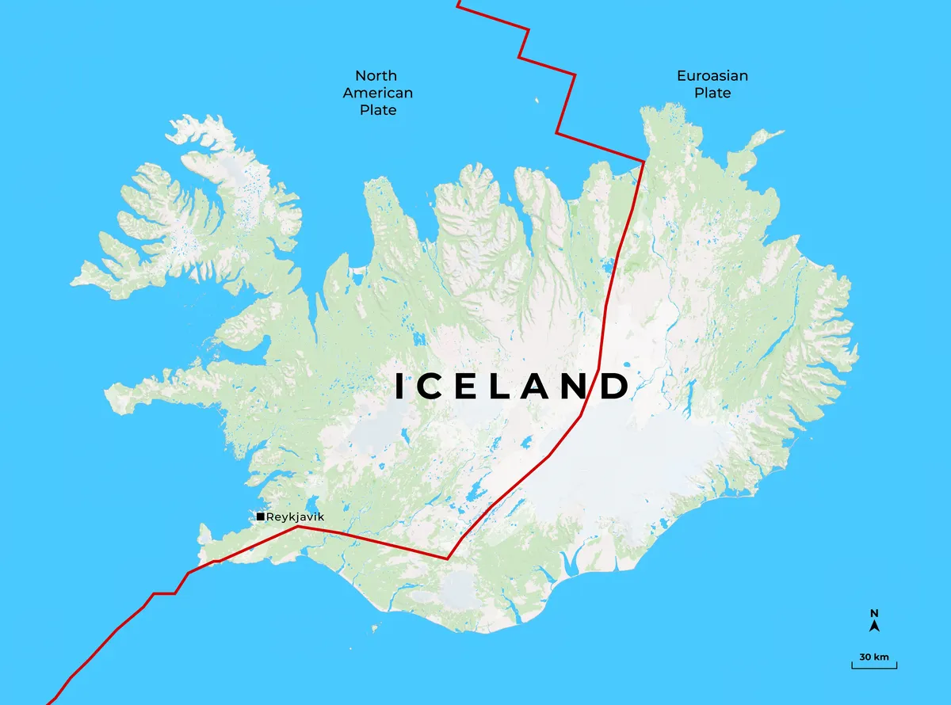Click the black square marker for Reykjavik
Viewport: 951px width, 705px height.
[x=261, y=517]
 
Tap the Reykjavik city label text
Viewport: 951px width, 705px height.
[x=296, y=517]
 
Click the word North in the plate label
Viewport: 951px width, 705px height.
[x=376, y=76]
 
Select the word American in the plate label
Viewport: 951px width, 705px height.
[x=377, y=93]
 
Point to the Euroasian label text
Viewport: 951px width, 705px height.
[x=712, y=76]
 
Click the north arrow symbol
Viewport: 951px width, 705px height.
[x=875, y=626]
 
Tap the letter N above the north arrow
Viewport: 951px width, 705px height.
[x=875, y=613]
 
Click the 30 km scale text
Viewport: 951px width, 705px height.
[x=875, y=657]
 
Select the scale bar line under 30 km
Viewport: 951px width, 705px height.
[x=875, y=667]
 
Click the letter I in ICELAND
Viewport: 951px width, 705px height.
[x=401, y=387]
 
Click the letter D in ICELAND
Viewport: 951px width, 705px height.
[x=613, y=387]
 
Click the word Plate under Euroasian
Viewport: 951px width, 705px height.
[x=712, y=93]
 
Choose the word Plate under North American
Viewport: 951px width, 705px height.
[x=378, y=111]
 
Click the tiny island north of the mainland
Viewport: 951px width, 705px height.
[x=537, y=101]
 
